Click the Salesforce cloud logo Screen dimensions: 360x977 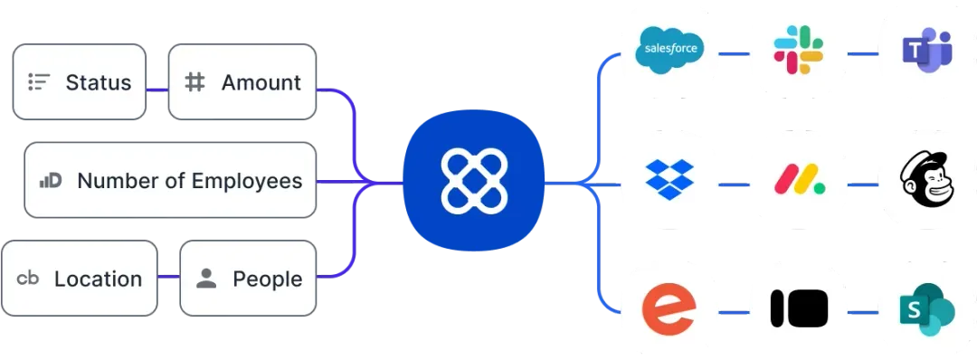coord(669,50)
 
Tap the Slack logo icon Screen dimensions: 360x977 coord(798,50)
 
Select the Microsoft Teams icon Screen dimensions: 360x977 coord(927,50)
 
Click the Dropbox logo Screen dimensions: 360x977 coord(669,180)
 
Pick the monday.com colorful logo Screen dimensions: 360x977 coord(799,180)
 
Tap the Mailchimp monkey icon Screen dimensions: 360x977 coord(927,180)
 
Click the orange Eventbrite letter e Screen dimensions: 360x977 coord(669,309)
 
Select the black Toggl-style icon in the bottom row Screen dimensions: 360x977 coord(799,309)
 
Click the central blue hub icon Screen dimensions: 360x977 coord(474,181)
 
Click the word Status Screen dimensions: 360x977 coord(99,82)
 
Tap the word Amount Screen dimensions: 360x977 coord(261,82)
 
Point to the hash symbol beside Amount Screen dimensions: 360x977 coord(194,82)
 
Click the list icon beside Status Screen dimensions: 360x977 coord(38,82)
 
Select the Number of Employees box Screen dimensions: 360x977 coord(170,180)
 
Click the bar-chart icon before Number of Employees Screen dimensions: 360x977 coord(50,181)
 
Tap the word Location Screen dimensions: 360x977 coord(98,279)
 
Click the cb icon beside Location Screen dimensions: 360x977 coord(28,279)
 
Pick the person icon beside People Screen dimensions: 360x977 coord(206,279)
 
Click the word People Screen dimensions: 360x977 coord(268,279)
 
